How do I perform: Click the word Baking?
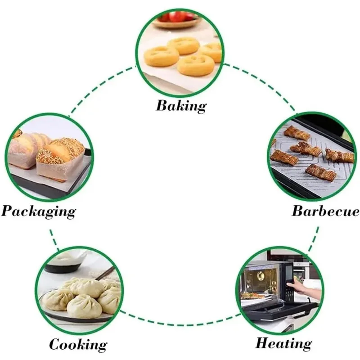[x=181, y=106]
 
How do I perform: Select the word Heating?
[x=283, y=343]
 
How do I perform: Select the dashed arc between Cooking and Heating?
[x=180, y=323]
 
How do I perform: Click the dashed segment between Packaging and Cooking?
[x=54, y=238]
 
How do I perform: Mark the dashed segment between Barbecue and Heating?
[x=314, y=238]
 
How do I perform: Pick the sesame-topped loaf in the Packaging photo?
[x=61, y=151]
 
